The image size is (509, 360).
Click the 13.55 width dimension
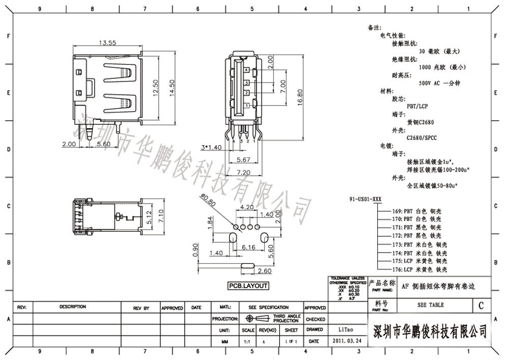pos(107,43)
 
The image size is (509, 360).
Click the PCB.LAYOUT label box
pos(248,286)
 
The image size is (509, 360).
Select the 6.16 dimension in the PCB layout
pos(248,247)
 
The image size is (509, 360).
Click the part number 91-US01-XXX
pos(365,199)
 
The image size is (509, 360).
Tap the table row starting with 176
pos(419,269)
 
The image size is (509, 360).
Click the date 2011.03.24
pos(348,341)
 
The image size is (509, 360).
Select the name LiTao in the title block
pos(341,330)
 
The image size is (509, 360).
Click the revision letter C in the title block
pos(481,306)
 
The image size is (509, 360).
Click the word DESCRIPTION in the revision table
pos(73,307)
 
